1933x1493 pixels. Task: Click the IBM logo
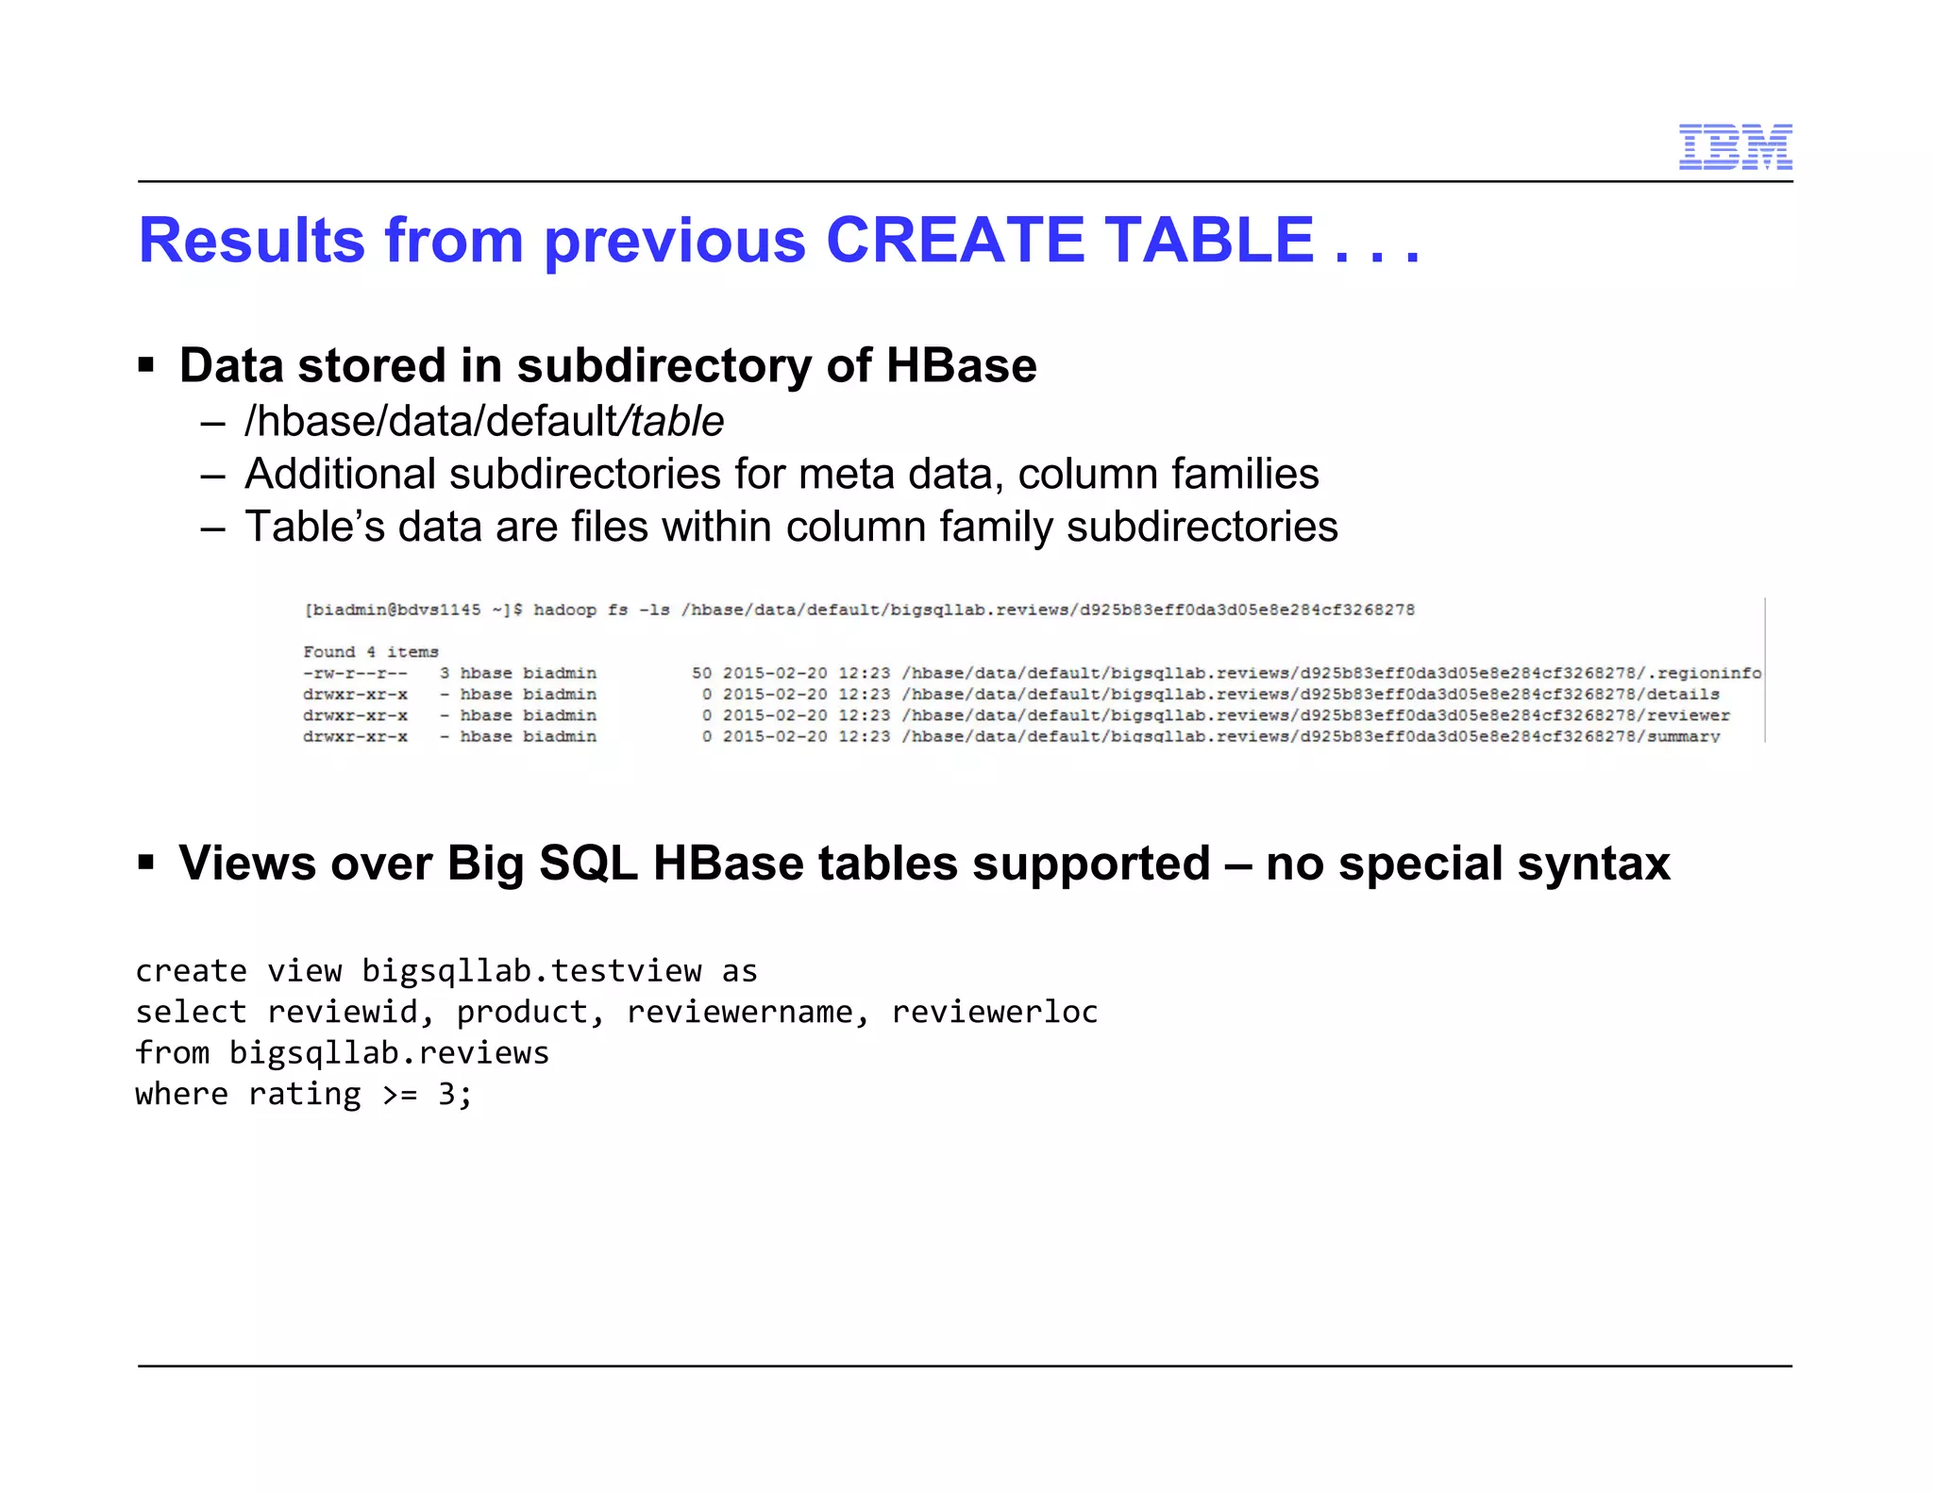[1735, 147]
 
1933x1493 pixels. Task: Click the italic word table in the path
[677, 421]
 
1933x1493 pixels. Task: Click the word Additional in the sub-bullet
[339, 474]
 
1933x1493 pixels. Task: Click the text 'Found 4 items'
[371, 652]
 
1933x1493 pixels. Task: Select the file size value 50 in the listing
[701, 673]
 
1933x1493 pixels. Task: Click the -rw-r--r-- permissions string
[355, 673]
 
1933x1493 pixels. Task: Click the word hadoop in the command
[564, 610]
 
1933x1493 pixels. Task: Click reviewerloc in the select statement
[995, 1012]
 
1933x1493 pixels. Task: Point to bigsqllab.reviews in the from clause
[389, 1052]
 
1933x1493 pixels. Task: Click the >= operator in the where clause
[399, 1094]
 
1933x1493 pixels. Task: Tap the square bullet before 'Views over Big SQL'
[145, 861]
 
